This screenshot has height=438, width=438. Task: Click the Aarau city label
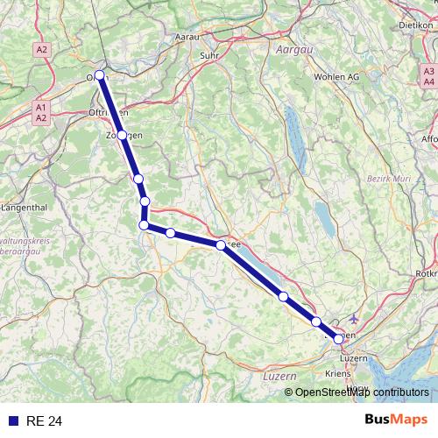click(187, 38)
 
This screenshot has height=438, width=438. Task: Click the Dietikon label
click(416, 25)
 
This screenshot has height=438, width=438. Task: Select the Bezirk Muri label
click(384, 179)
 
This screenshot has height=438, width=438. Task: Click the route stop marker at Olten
click(100, 75)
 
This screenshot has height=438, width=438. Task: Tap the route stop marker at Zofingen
click(123, 136)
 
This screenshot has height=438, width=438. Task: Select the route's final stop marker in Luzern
click(338, 338)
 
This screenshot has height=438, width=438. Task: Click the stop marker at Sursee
click(221, 245)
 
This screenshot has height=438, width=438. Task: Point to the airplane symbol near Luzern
click(353, 319)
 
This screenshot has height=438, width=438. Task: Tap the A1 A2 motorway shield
click(40, 111)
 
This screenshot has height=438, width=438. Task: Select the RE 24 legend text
click(45, 421)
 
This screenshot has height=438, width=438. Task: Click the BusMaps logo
click(395, 420)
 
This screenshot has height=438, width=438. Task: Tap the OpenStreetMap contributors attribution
click(361, 392)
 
